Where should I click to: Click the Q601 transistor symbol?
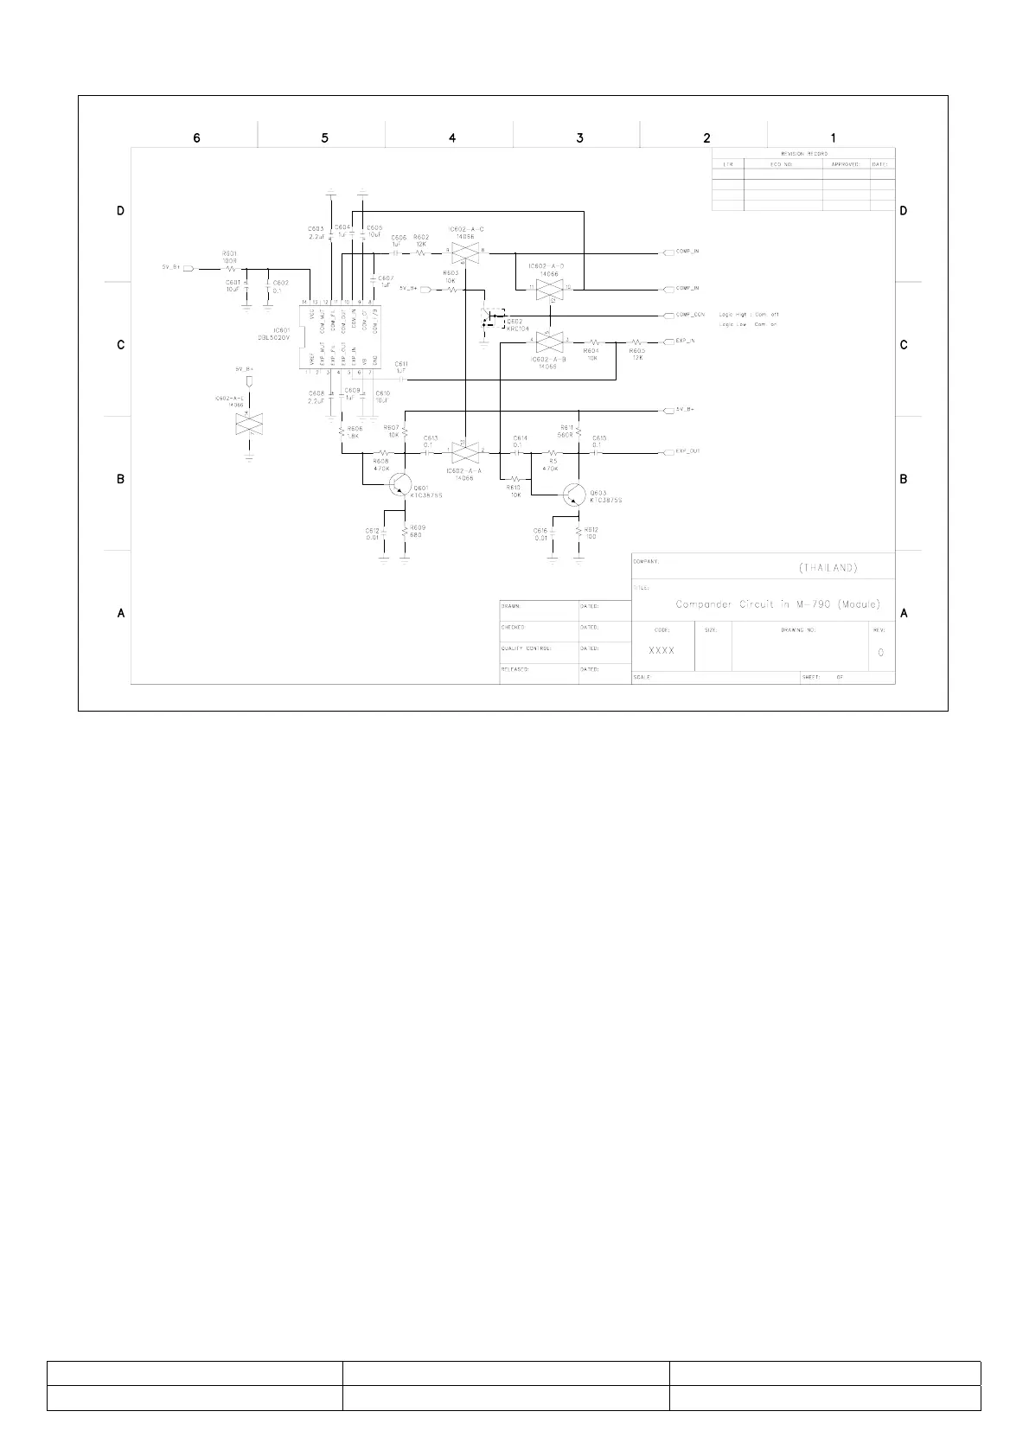click(399, 484)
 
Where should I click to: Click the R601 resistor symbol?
click(230, 269)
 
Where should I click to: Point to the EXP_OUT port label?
click(687, 451)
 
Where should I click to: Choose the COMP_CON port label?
click(690, 315)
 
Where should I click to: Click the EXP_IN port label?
click(685, 341)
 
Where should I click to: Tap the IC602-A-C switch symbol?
click(465, 252)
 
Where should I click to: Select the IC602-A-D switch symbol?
click(550, 289)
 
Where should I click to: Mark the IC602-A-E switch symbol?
click(249, 423)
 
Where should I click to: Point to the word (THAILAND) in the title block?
click(828, 568)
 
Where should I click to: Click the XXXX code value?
click(661, 650)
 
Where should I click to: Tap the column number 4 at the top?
click(451, 137)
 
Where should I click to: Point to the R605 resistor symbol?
click(637, 342)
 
